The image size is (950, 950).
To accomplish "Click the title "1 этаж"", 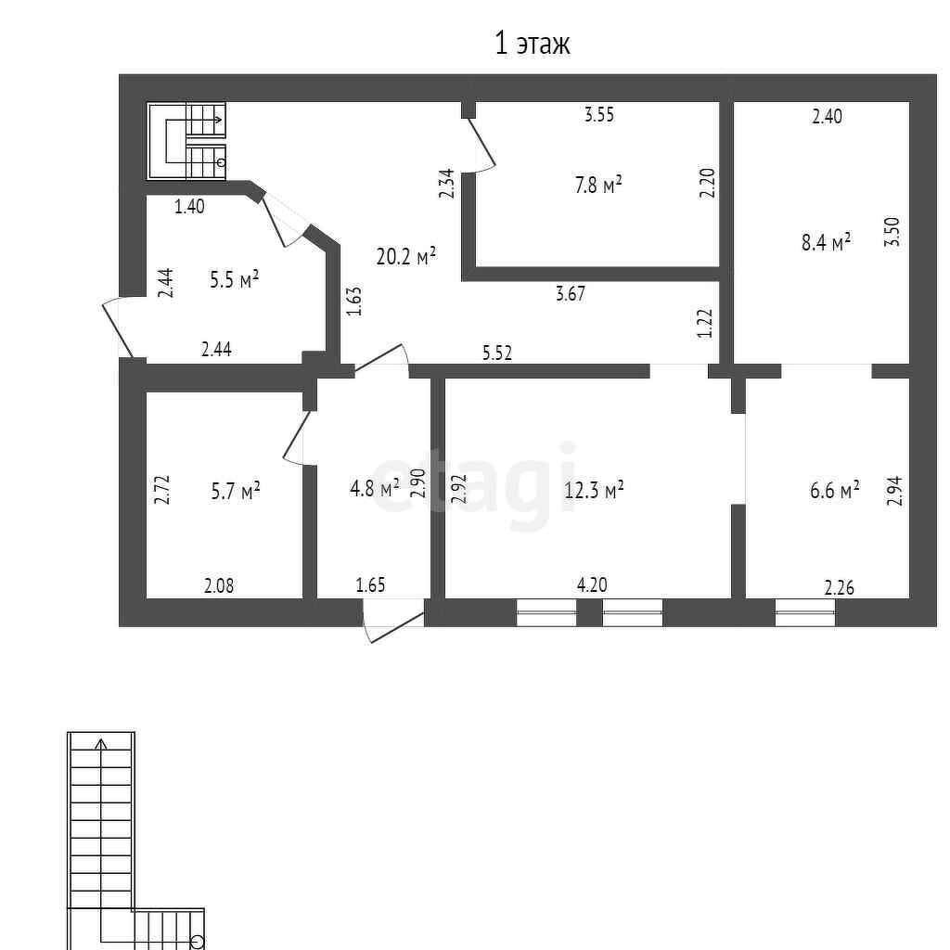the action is click(532, 44).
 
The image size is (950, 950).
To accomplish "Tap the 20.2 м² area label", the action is click(405, 257).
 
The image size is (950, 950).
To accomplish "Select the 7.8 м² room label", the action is click(597, 186).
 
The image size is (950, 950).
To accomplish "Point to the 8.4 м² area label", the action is click(826, 243).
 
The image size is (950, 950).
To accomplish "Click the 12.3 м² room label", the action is click(594, 489).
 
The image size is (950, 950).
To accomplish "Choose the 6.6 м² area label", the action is click(834, 490).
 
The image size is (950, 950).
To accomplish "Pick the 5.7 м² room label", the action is click(236, 491).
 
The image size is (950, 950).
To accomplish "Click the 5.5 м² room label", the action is click(234, 279).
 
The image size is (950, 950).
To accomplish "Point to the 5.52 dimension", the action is click(497, 353).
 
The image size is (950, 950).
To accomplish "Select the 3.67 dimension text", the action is click(570, 294).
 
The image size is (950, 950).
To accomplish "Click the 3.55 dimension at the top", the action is click(599, 115).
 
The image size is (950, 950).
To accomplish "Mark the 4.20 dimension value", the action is click(592, 584).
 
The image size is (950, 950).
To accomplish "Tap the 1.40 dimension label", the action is click(189, 207).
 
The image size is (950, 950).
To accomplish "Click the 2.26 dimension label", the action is click(840, 586).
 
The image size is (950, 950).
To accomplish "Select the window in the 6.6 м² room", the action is click(804, 612).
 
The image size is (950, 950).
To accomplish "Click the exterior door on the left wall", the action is click(118, 325).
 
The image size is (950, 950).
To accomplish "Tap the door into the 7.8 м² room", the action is click(481, 145).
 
